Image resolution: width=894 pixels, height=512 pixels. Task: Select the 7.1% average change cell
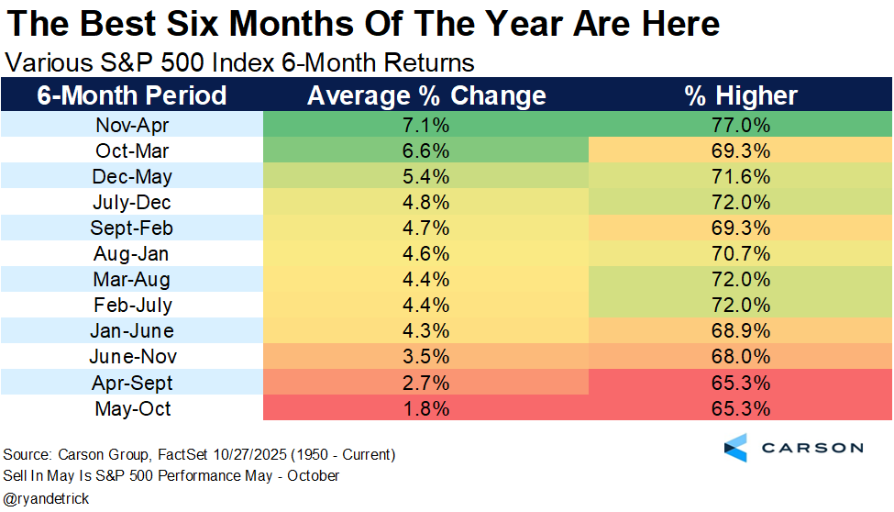pyautogui.click(x=426, y=125)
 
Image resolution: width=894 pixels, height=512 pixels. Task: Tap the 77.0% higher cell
pyautogui.click(x=741, y=125)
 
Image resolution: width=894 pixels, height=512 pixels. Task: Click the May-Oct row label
pyautogui.click(x=133, y=408)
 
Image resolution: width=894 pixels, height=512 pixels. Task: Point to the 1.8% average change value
pyautogui.click(x=426, y=408)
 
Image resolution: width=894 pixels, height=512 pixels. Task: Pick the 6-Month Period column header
pyautogui.click(x=131, y=95)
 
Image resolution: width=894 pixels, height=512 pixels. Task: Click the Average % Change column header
pyautogui.click(x=426, y=95)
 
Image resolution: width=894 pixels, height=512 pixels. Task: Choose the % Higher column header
pyautogui.click(x=741, y=95)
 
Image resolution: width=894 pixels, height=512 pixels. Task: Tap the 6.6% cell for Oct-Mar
pyautogui.click(x=426, y=150)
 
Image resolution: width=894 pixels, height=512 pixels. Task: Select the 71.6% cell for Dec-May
pyautogui.click(x=741, y=176)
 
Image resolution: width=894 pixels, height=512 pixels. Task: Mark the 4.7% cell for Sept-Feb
pyautogui.click(x=426, y=228)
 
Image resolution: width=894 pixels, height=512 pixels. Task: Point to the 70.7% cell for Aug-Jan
pyautogui.click(x=741, y=253)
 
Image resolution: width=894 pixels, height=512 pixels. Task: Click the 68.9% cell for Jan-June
pyautogui.click(x=741, y=330)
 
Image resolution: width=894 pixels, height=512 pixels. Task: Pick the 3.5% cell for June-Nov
pyautogui.click(x=426, y=356)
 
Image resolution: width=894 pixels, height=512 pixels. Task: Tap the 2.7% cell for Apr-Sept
pyautogui.click(x=426, y=382)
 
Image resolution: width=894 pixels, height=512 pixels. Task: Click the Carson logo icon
pyautogui.click(x=735, y=448)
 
